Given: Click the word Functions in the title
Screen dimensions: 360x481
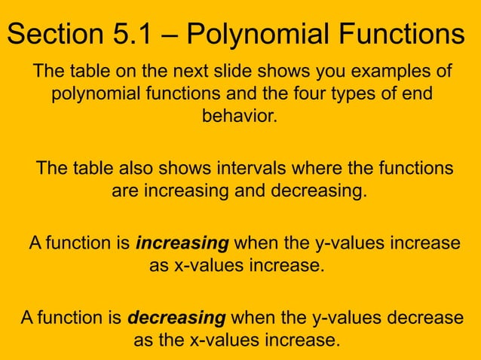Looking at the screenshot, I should pos(400,34).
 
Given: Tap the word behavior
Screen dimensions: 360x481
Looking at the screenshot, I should pos(243,118).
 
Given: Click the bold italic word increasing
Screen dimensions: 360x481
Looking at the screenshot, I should pos(182,244).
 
